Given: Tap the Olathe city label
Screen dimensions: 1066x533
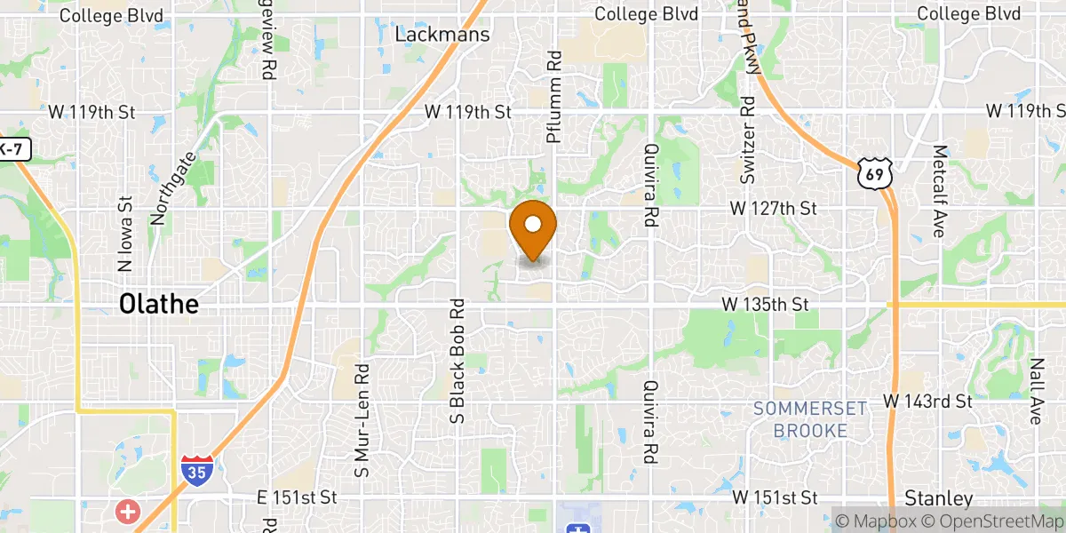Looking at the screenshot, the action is tap(159, 305).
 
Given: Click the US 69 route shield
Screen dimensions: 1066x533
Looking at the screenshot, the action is tap(875, 174).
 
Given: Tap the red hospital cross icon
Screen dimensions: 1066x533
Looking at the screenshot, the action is tap(129, 511).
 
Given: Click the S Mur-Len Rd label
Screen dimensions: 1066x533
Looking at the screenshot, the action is tap(361, 419).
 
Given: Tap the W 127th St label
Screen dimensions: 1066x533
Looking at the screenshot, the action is tap(773, 208).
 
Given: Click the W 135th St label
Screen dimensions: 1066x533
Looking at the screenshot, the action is tap(765, 304).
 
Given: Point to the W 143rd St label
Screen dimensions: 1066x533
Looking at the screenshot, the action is tap(928, 401).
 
